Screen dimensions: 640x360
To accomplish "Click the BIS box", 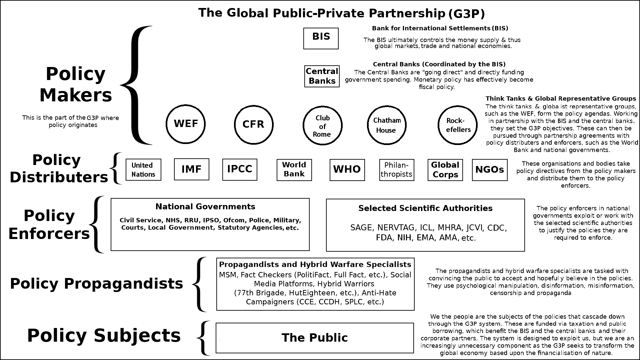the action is pyautogui.click(x=321, y=38).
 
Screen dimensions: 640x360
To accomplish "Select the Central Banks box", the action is pyautogui.click(x=322, y=76).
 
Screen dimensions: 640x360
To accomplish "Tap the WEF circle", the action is pyautogui.click(x=186, y=124).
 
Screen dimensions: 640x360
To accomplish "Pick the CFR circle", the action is pyautogui.click(x=254, y=124).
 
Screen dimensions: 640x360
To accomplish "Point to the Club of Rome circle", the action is pyautogui.click(x=322, y=126).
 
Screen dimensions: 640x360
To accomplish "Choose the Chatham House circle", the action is pyautogui.click(x=387, y=125).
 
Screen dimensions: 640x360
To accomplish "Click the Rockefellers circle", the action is pyautogui.click(x=458, y=125).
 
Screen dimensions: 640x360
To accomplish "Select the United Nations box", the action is pyautogui.click(x=143, y=170).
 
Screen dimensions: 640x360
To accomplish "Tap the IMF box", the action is pyautogui.click(x=192, y=169).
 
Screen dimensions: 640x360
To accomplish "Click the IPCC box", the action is pyautogui.click(x=240, y=169).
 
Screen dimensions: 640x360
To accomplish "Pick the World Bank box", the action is pyautogui.click(x=294, y=170).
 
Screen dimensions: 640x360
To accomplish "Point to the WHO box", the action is pyautogui.click(x=347, y=170).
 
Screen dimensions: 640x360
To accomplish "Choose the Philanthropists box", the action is pyautogui.click(x=397, y=170).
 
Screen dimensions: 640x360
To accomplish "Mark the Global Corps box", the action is pyautogui.click(x=445, y=170).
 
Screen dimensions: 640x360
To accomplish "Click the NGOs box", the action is pyautogui.click(x=490, y=170).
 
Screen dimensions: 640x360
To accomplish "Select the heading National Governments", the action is pyautogui.click(x=205, y=207).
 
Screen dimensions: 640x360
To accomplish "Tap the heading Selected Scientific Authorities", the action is pyautogui.click(x=425, y=208).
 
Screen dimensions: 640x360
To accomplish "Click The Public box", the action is pyautogui.click(x=315, y=338).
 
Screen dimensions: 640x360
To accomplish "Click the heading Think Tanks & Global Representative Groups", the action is pyautogui.click(x=561, y=99).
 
